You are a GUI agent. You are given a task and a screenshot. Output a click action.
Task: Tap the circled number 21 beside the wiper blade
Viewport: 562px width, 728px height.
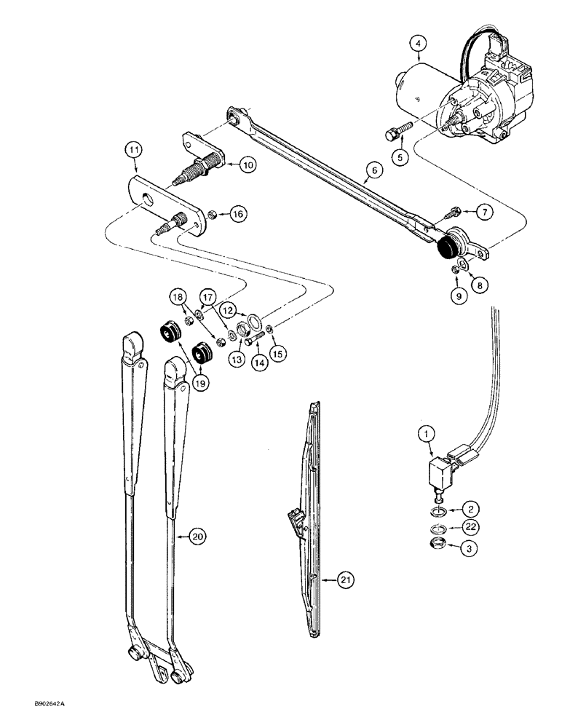pos(347,579)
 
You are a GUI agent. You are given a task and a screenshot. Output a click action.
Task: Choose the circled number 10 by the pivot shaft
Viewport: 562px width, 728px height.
pos(248,165)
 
